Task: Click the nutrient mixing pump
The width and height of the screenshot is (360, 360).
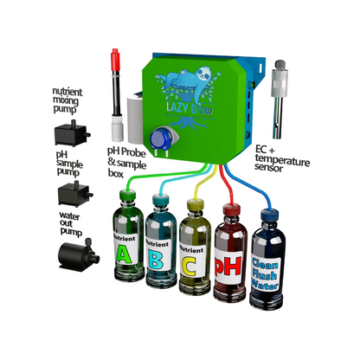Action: (72, 133)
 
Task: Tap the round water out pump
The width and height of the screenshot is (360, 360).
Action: (79, 254)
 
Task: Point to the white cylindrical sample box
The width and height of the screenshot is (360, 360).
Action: (135, 120)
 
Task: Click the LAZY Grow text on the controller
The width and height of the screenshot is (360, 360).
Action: (190, 108)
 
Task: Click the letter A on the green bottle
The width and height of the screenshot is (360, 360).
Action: (124, 254)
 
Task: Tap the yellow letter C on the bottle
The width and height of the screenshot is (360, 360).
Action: (189, 266)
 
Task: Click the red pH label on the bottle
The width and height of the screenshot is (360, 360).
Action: (228, 266)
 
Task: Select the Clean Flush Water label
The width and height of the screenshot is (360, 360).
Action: (265, 273)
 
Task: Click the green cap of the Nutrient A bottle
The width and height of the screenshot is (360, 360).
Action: (127, 195)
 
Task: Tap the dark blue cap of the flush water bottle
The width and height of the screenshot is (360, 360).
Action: (269, 215)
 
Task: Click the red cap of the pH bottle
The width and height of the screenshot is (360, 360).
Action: (232, 209)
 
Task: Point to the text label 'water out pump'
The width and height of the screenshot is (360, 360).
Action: (70, 224)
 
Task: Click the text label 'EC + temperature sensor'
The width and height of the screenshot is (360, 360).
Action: (281, 158)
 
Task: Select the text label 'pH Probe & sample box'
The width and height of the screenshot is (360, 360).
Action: (126, 163)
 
